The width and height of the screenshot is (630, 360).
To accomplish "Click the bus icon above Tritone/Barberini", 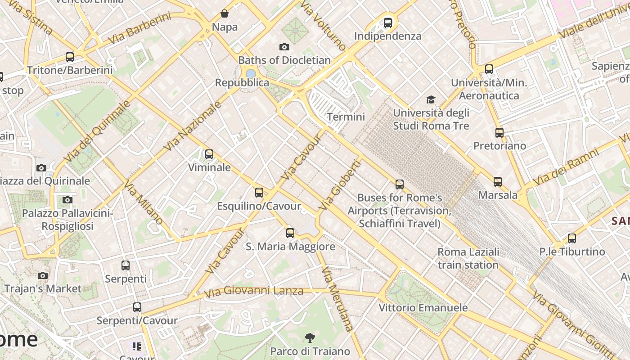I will point(70,57).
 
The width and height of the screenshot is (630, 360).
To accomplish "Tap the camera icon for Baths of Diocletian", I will point(284,47).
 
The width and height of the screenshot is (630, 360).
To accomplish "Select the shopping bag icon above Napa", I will point(224,13).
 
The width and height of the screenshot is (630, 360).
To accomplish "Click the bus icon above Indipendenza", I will point(388,22).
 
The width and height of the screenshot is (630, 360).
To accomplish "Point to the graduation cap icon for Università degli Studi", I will point(431,99).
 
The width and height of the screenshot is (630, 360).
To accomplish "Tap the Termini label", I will point(346,117).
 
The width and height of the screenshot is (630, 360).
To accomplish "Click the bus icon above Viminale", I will point(209,154).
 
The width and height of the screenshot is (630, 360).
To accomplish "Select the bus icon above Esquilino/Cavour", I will point(259,193).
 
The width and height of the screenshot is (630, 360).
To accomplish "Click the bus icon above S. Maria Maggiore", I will point(290,233).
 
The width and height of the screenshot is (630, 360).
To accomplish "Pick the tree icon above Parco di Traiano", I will point(310,338).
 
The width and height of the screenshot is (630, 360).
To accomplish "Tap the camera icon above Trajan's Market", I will point(43,275).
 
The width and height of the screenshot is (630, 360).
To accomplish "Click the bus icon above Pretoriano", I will point(499,133).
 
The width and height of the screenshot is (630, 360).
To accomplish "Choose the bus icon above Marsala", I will point(498,182).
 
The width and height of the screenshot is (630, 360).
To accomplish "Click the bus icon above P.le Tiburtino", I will point(572,238).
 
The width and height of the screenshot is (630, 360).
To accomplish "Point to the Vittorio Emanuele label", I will point(423,308).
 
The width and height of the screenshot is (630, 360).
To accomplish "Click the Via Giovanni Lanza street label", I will point(254,292).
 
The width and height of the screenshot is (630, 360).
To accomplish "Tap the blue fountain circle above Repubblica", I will point(251,73).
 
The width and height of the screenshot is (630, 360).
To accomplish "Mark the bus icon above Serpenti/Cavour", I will point(137,307).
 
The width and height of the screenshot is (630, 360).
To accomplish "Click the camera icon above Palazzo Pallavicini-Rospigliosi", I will point(67,200).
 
